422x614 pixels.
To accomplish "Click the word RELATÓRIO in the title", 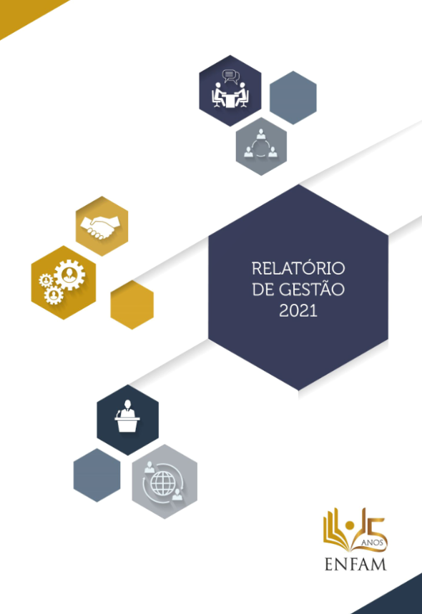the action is [x=298, y=269].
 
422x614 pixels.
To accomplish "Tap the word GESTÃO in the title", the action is [x=312, y=289].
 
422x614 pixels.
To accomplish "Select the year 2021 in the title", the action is [x=298, y=310].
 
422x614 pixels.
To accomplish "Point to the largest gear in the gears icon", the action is [x=70, y=274].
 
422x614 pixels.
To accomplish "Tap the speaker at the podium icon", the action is [x=127, y=416].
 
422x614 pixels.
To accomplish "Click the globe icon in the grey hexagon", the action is [x=163, y=483].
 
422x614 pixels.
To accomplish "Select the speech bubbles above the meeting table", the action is [x=231, y=76].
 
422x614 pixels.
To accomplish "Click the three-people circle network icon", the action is [x=260, y=144].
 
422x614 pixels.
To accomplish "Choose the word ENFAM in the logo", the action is [x=355, y=564].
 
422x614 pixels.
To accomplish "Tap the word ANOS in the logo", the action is [x=372, y=543].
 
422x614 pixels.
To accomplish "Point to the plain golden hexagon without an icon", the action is [x=132, y=304].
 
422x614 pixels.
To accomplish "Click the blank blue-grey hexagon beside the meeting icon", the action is [x=293, y=97].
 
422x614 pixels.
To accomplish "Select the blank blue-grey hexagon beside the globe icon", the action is [x=97, y=475].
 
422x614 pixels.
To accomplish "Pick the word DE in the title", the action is [x=262, y=289].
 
